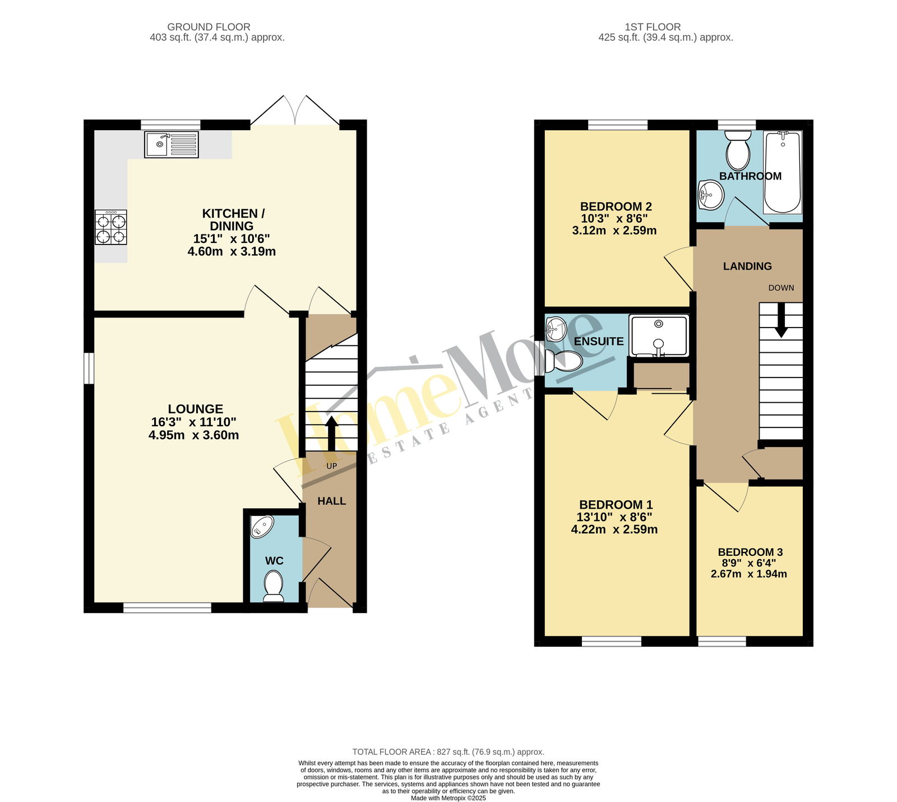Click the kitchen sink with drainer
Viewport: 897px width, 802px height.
[x=172, y=145]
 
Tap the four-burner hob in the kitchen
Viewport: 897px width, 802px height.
[x=111, y=227]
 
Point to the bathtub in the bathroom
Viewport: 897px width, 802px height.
[x=783, y=172]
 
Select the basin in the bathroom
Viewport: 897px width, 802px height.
[x=711, y=195]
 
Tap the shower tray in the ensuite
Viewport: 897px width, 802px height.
[x=659, y=336]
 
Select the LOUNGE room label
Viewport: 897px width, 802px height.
[x=195, y=409]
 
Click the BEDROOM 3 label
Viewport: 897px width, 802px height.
[x=750, y=552]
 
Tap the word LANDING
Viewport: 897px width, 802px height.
[x=747, y=266]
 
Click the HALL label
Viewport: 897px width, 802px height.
[x=331, y=501]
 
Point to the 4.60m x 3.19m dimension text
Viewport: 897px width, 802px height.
[x=232, y=251]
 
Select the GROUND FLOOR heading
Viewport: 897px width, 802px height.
[x=209, y=27]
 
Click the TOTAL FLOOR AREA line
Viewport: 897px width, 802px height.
[x=448, y=752]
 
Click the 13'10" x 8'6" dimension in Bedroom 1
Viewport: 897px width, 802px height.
[x=614, y=517]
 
